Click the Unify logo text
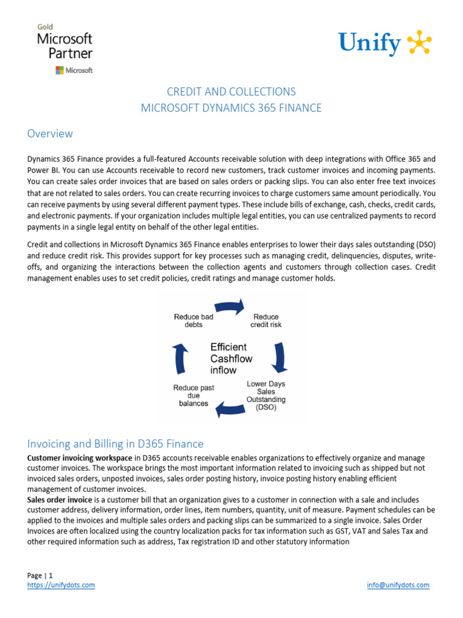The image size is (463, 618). [x=369, y=44]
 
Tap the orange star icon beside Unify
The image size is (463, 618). [x=420, y=43]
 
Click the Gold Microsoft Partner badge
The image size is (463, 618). [x=65, y=49]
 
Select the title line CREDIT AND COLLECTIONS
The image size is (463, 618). [x=231, y=92]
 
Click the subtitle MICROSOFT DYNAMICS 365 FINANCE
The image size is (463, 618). [x=231, y=109]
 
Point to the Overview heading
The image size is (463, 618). [x=50, y=133]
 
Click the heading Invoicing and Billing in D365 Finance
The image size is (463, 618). [x=115, y=444]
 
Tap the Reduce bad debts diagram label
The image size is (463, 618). [x=194, y=320]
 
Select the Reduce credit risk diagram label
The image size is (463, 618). [x=266, y=320]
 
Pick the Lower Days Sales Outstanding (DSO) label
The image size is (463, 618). [x=266, y=395]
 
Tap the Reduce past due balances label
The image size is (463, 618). [x=194, y=395]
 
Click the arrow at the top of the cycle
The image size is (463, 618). [x=229, y=307]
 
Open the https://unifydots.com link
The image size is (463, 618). [x=61, y=585]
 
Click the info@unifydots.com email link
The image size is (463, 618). [x=398, y=585]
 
